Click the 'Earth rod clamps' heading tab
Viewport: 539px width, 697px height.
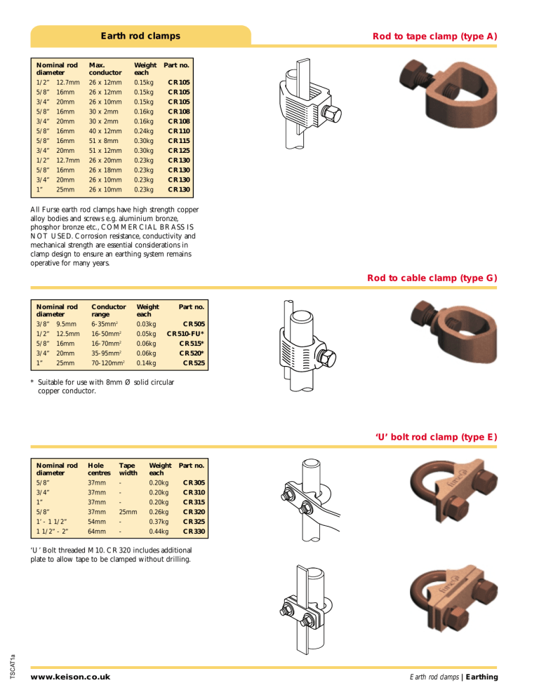[140, 36]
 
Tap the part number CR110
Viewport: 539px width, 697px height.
[178, 130]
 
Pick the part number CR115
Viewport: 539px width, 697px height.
[178, 140]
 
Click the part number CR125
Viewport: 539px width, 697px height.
[178, 149]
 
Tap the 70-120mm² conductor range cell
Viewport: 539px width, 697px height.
[109, 363]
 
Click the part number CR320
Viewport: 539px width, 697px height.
[193, 512]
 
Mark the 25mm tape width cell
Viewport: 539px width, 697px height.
[128, 512]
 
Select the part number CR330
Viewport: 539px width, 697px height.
[193, 532]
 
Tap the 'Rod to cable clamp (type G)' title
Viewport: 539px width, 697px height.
[432, 278]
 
